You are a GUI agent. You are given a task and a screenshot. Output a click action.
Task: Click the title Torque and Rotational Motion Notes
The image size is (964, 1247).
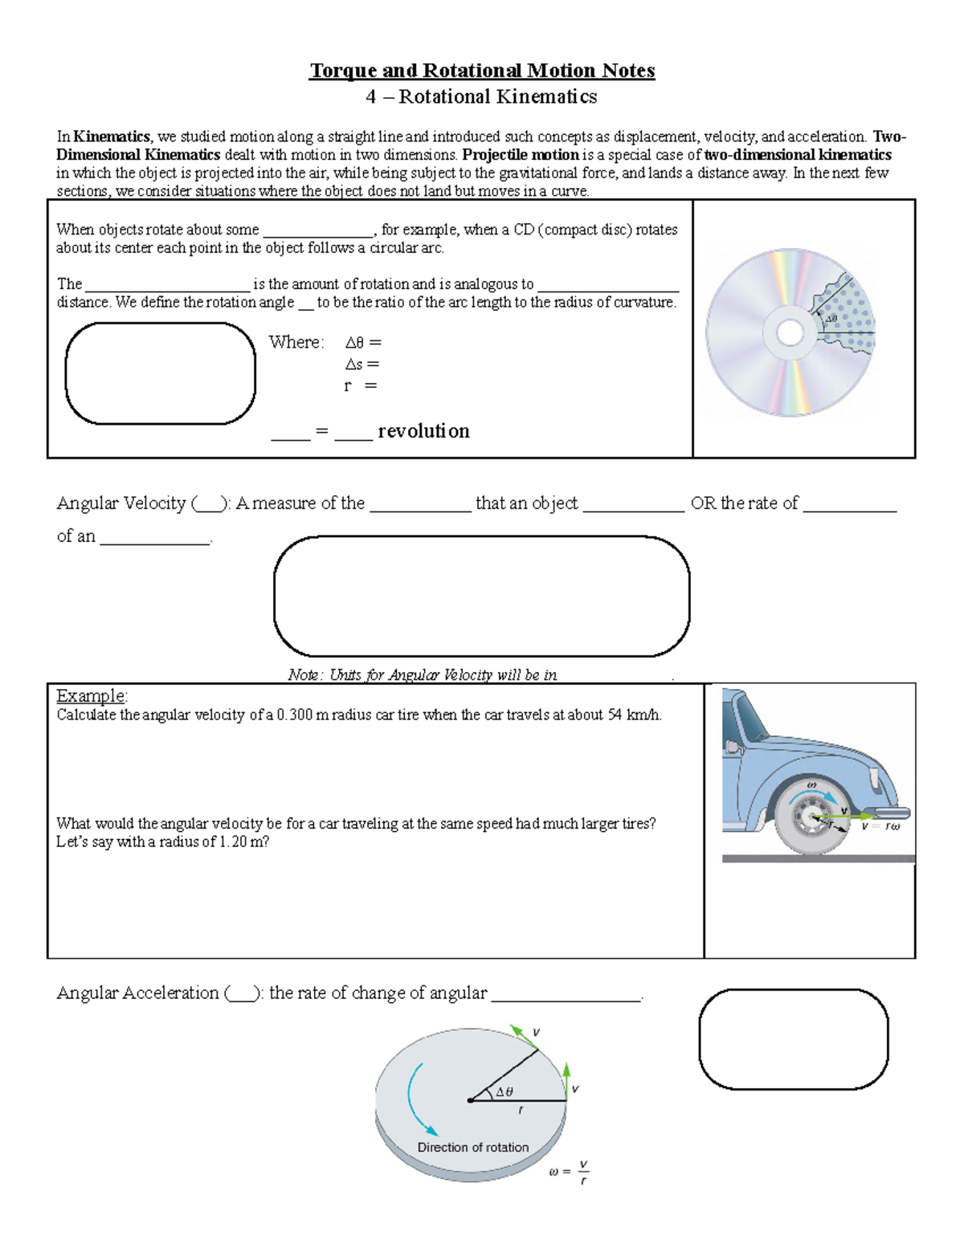click(482, 71)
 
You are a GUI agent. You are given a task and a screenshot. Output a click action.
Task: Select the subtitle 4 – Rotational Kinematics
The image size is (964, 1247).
click(481, 97)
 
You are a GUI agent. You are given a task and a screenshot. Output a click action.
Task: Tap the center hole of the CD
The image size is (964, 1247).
click(790, 332)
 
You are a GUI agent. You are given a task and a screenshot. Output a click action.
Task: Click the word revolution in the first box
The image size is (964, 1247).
click(423, 431)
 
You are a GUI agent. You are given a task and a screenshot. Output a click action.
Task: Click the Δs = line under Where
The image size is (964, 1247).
click(361, 365)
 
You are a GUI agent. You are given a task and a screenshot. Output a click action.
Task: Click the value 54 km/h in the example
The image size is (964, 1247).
click(634, 715)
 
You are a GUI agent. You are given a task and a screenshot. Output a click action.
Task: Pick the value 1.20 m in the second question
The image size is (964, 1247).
click(243, 842)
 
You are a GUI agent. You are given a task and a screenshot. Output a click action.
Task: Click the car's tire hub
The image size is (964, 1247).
click(807, 818)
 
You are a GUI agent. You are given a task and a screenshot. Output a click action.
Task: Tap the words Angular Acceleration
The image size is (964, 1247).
click(137, 993)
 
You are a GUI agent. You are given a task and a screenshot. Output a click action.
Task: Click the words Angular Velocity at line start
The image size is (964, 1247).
click(120, 503)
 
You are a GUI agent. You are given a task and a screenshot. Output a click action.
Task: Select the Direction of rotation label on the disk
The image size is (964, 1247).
click(472, 1147)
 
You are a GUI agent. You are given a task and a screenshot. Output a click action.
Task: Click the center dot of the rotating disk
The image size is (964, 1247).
click(470, 1101)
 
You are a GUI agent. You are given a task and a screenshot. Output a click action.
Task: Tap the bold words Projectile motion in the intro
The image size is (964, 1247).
click(521, 155)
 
